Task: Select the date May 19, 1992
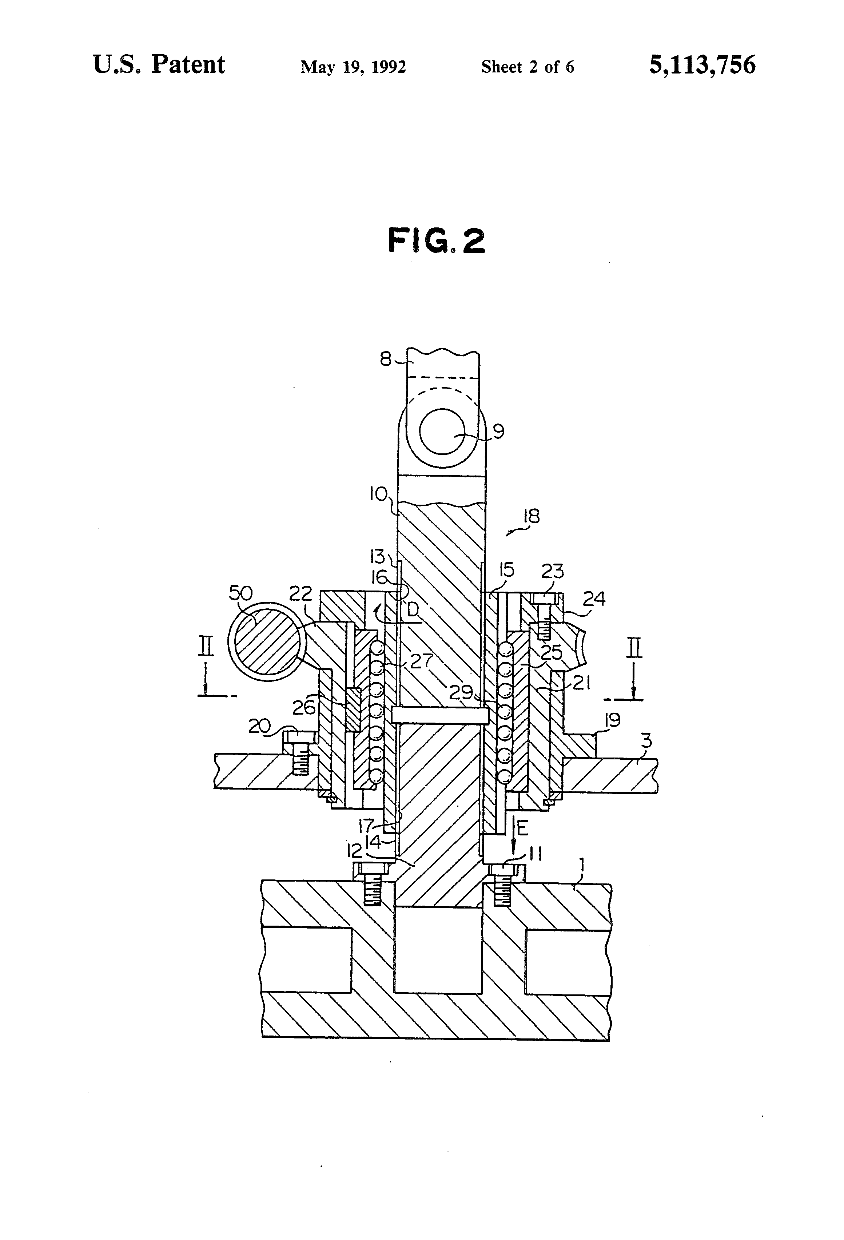pyautogui.click(x=353, y=67)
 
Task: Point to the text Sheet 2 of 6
pyautogui.click(x=527, y=67)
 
